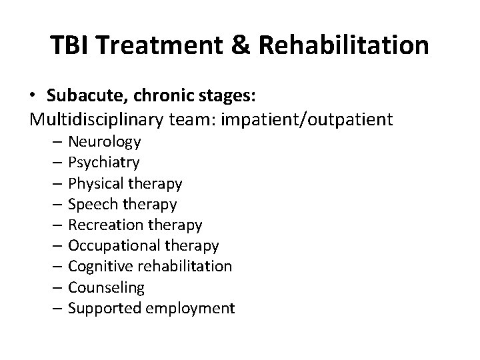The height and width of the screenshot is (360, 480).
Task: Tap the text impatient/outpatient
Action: point(311,120)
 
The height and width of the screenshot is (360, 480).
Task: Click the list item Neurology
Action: point(104,141)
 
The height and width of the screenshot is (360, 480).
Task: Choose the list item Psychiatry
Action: point(104,162)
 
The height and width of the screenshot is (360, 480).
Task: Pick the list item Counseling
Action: point(106,287)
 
